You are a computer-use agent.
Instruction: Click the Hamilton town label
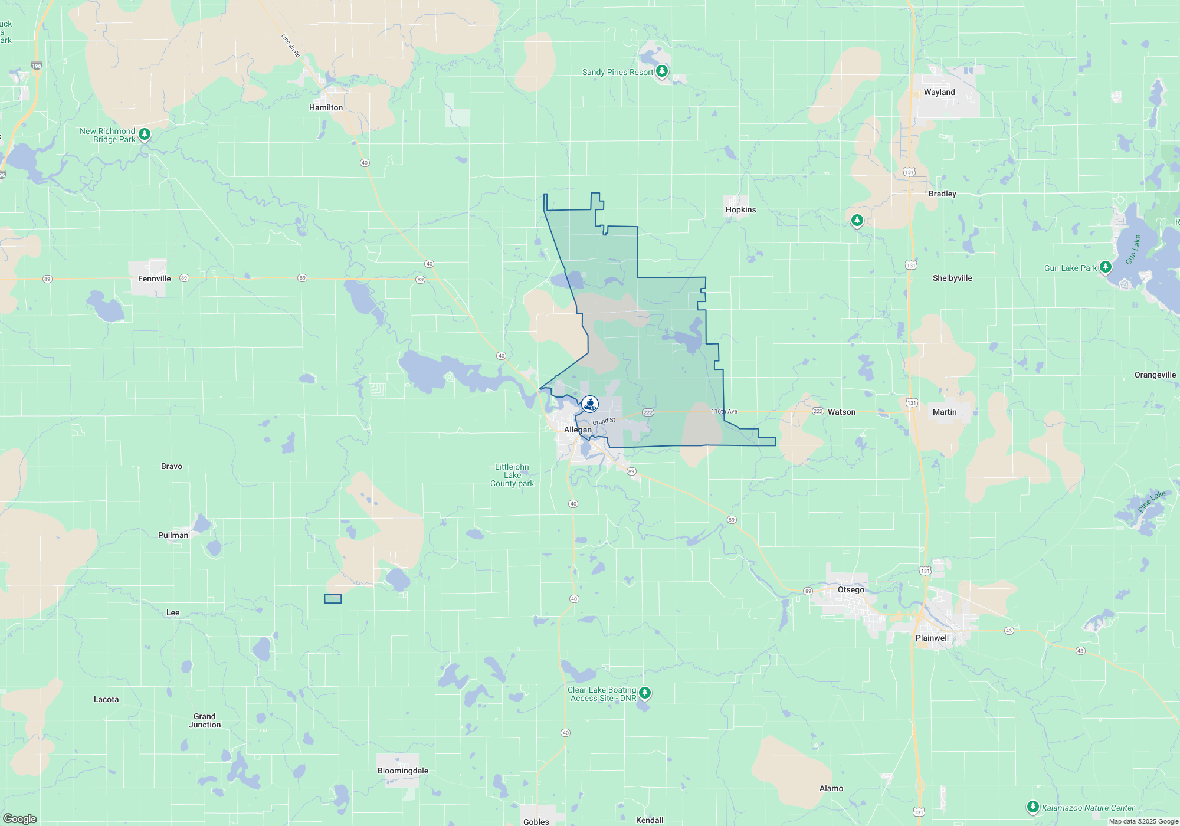(326, 107)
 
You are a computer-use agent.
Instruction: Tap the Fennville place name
(154, 278)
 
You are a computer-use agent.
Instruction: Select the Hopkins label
(740, 209)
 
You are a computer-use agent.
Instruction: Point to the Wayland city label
(939, 92)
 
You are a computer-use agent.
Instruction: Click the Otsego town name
(851, 589)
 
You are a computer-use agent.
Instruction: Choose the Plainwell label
(932, 638)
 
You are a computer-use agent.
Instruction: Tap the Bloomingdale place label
(403, 771)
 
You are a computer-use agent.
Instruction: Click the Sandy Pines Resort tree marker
(662, 71)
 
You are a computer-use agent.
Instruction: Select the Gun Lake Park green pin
(1106, 267)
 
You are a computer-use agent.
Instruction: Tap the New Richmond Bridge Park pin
(145, 135)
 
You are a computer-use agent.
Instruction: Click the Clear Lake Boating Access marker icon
(645, 693)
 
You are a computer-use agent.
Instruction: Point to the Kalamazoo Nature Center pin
(1032, 807)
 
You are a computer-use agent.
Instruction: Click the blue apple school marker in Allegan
(589, 404)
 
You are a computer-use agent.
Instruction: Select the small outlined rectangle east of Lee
(333, 599)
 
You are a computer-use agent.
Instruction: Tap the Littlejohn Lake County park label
(512, 475)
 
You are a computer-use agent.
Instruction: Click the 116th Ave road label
(724, 411)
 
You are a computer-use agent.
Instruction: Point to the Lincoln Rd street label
(291, 45)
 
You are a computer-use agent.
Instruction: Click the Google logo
(20, 819)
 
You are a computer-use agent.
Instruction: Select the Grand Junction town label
(205, 720)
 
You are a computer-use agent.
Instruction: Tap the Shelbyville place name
(952, 278)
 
